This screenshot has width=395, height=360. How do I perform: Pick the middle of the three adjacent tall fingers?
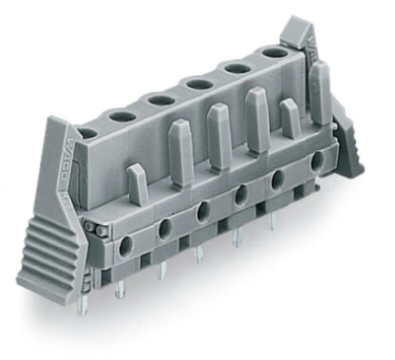pyautogui.click(x=219, y=133)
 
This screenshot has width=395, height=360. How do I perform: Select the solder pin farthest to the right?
pyautogui.click(x=272, y=219)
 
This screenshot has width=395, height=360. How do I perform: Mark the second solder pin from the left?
pyautogui.click(x=119, y=290)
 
